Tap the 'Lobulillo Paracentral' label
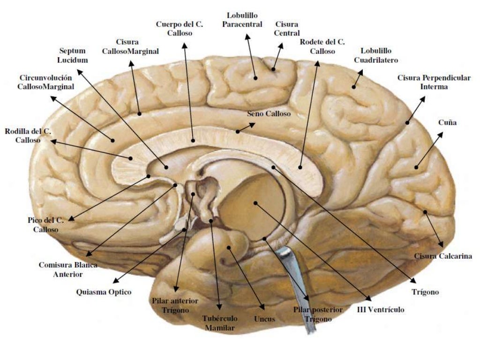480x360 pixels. point(242,20)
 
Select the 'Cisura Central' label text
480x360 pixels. point(287,29)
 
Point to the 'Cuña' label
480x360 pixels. point(447,122)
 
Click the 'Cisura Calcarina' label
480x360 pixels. point(442,256)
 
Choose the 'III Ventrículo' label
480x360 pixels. point(380,309)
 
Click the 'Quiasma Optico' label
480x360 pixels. point(104,292)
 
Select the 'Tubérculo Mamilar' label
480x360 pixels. point(219,323)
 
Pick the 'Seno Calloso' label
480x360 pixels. point(269,114)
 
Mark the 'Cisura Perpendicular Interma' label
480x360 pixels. point(434,82)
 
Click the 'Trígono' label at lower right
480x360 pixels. point(425,292)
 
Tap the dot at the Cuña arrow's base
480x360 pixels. point(416,167)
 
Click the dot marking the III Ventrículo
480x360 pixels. point(255,203)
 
